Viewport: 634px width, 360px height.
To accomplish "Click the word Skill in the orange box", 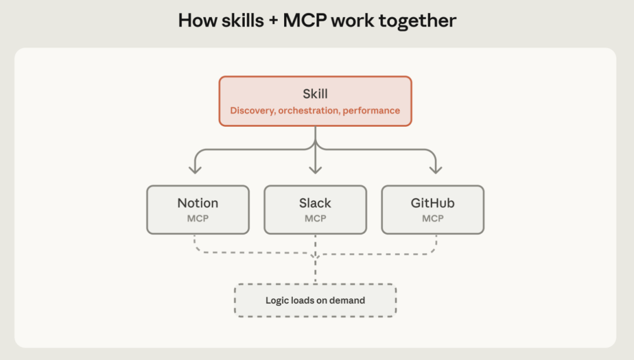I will (x=315, y=95).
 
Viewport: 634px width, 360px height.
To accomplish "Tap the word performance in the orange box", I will (x=371, y=110).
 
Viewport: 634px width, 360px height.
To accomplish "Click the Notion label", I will (x=198, y=203).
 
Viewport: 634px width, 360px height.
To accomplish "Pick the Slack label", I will (x=315, y=203).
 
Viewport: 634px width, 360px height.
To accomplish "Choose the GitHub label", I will (x=433, y=203).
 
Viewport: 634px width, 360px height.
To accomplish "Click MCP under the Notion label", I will (x=198, y=218).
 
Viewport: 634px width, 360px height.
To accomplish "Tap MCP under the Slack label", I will (x=315, y=218).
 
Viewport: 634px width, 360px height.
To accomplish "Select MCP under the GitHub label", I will (x=433, y=218).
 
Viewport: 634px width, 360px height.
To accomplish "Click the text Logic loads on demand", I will (x=315, y=301).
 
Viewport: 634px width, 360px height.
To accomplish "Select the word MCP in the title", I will (x=305, y=21).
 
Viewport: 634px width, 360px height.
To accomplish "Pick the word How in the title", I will (x=193, y=21).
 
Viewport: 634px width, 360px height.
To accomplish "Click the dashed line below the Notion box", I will (x=195, y=243).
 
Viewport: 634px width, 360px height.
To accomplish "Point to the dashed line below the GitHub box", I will (x=436, y=243).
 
